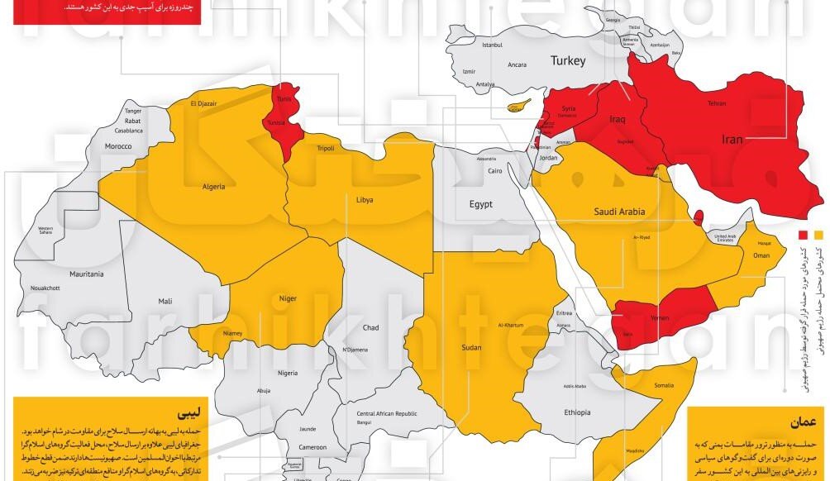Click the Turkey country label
point(568,61)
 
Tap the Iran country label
point(732,140)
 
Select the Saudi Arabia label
point(619,212)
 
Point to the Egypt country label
point(481,204)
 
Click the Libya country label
point(364,200)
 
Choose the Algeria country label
point(214,187)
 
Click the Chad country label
point(371,328)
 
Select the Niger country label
point(288,298)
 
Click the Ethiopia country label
point(577,412)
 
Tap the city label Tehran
point(716,104)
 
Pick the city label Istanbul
point(493,45)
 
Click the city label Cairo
point(494,171)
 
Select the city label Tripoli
point(326,149)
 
